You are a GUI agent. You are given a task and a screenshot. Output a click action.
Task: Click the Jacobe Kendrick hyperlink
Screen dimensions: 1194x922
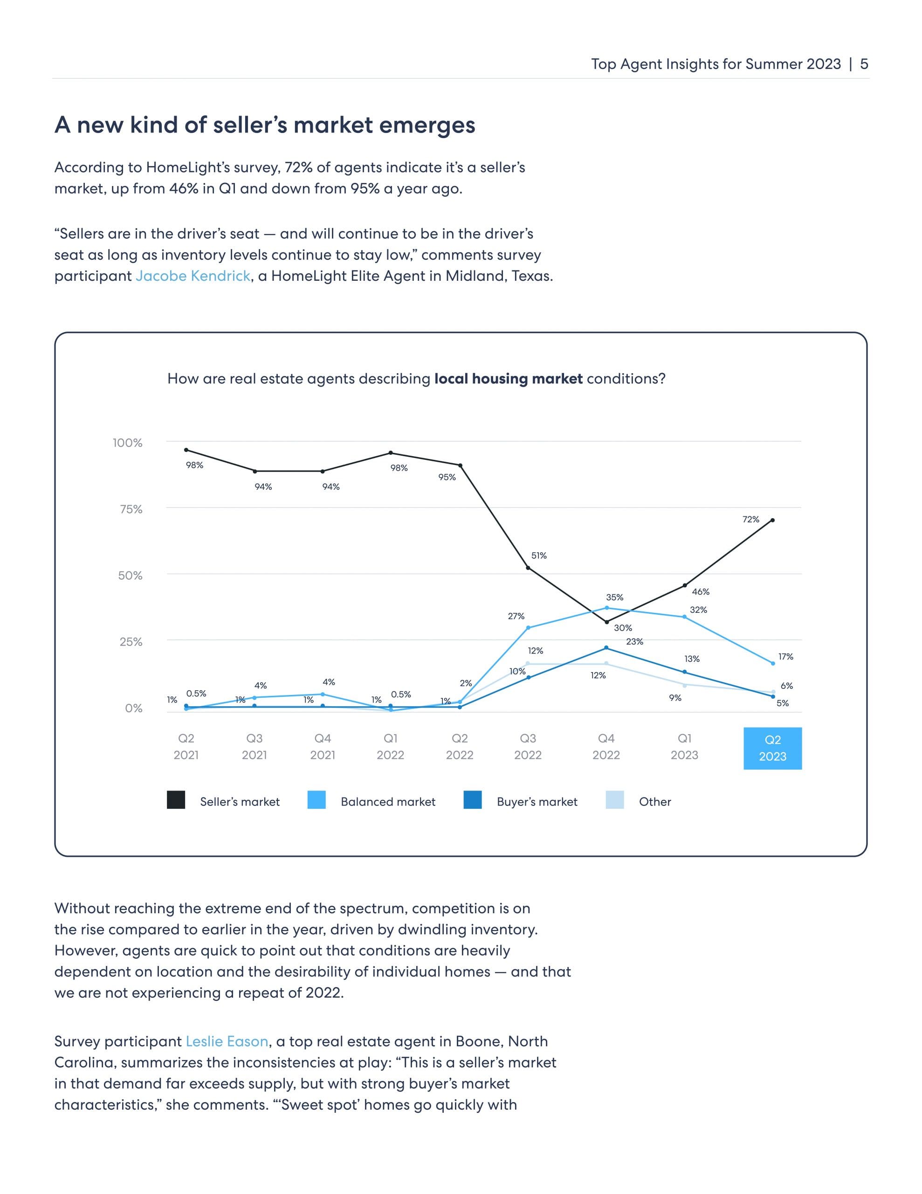193,276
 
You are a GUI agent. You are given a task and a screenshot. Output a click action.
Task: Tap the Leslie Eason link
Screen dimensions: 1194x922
227,1041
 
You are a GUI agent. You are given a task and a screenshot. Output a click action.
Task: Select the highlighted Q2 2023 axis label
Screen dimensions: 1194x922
772,748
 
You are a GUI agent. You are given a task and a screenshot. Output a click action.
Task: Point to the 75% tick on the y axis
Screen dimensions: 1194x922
131,509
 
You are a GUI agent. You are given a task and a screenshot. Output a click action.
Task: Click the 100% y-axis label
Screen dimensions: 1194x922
127,443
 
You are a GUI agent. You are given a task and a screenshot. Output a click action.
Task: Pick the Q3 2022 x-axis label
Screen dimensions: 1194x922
527,747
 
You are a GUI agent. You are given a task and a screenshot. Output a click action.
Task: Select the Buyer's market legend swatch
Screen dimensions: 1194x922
473,800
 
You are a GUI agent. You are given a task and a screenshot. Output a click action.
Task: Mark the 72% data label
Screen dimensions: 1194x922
750,520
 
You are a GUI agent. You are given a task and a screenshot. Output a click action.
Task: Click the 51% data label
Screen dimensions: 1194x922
539,555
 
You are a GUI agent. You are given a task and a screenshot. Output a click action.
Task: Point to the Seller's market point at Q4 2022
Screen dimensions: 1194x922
606,622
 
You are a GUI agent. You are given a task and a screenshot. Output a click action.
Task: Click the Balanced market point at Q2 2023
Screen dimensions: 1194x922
773,664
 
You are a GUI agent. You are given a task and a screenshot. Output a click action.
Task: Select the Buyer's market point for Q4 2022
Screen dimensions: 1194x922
606,648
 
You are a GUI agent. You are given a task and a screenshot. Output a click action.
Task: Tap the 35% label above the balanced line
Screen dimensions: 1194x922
614,597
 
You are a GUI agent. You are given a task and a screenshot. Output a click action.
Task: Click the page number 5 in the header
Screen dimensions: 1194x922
864,64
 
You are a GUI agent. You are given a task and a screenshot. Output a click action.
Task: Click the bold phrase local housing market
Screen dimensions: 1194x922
508,379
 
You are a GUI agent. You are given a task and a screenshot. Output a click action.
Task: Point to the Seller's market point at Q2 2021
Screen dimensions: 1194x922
186,450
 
